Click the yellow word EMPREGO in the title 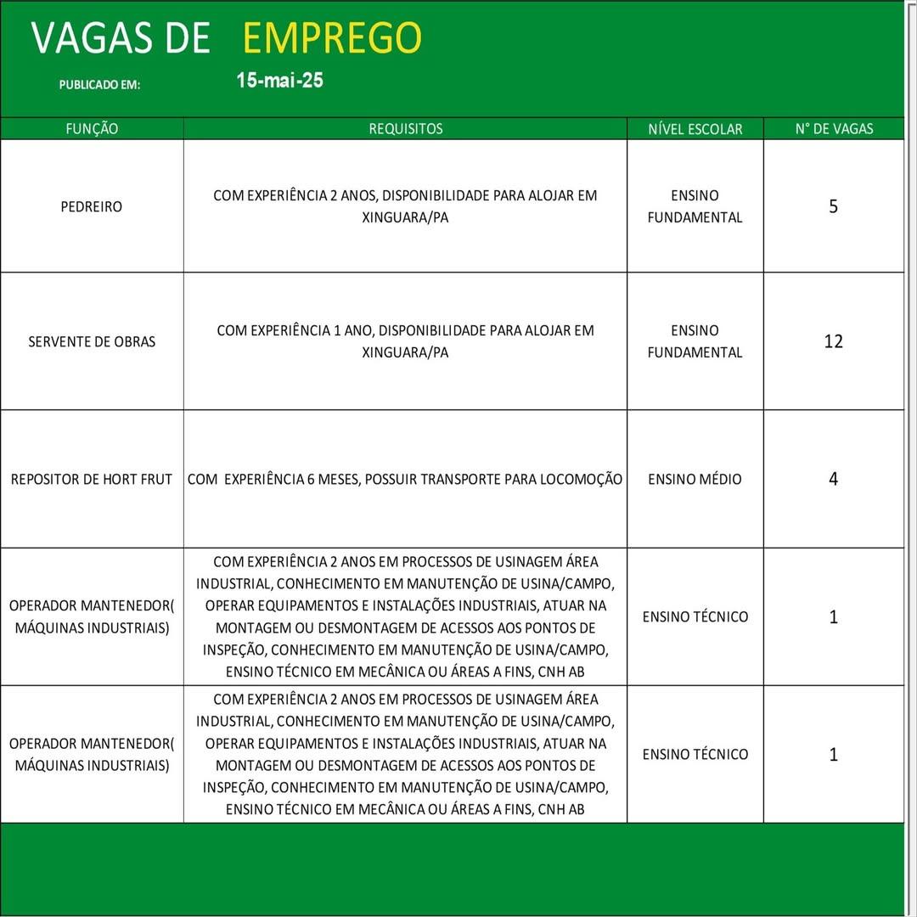tap(332, 38)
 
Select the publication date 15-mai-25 tap(279, 82)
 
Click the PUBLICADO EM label tap(99, 85)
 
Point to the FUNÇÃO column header tap(92, 129)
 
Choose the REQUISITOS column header tap(405, 129)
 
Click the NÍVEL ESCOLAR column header tap(695, 129)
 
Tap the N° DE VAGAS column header tap(834, 129)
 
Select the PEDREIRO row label tap(92, 206)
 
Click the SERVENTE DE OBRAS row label tap(92, 342)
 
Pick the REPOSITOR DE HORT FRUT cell tap(92, 480)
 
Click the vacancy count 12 tap(833, 342)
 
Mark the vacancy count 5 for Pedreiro tap(833, 206)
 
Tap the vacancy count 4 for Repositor tap(833, 480)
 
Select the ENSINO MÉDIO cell tap(695, 480)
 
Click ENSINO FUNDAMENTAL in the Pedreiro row tap(695, 206)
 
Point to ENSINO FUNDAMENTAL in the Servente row tap(695, 341)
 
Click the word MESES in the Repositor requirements tap(340, 480)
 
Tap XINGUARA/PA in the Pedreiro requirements tap(405, 217)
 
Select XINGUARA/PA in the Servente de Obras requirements tap(405, 352)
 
